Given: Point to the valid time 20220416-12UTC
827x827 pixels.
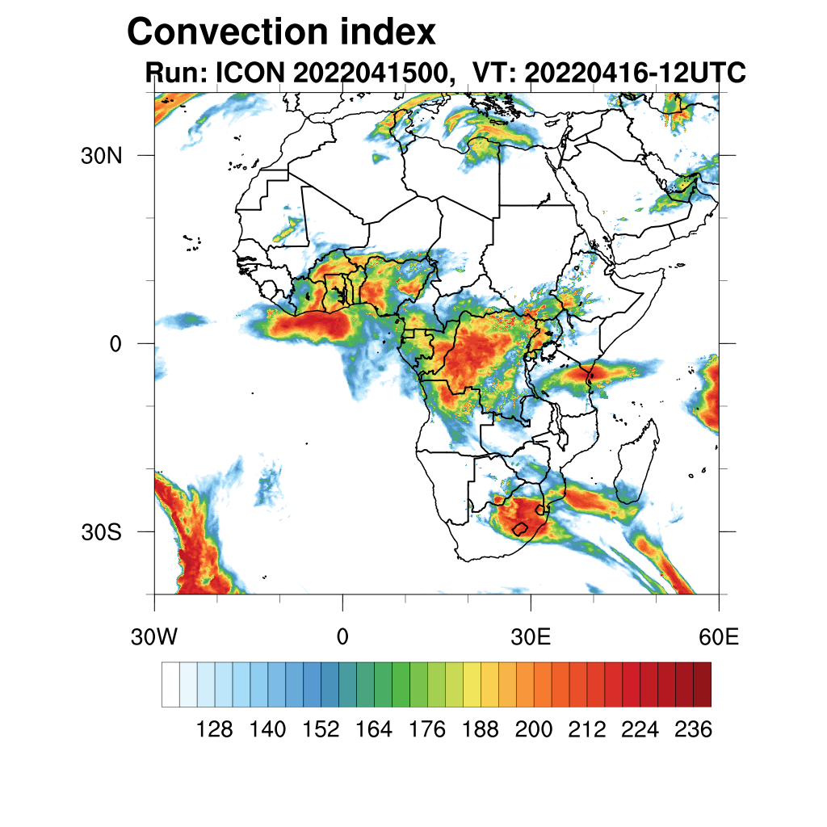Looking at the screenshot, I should tap(634, 73).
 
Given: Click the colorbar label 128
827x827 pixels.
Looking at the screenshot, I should tap(215, 730).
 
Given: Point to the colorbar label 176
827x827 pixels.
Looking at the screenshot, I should tap(427, 730).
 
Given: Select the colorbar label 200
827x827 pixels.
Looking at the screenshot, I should tap(534, 730).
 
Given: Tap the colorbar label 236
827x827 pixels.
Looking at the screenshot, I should tap(693, 730).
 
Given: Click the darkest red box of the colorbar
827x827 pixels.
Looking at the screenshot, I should tap(702, 684).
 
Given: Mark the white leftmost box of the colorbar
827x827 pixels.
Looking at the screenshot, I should tap(170, 684).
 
